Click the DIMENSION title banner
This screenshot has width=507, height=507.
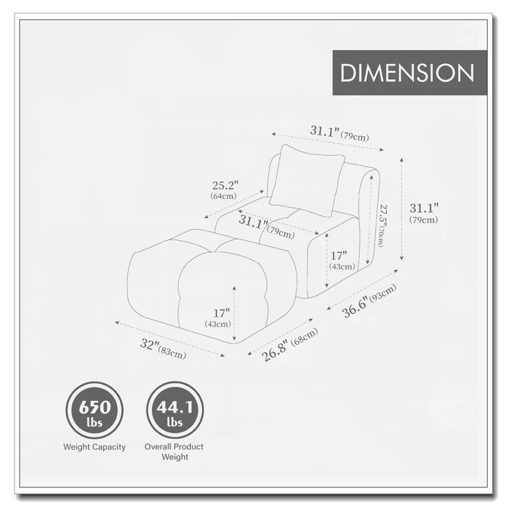[x=409, y=72]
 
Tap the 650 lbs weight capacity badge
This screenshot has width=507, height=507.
[x=94, y=410]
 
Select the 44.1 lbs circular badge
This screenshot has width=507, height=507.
[x=175, y=410]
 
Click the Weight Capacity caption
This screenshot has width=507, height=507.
[x=94, y=447]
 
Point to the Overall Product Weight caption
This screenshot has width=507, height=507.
[x=174, y=452]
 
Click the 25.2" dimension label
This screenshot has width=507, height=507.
[x=226, y=186]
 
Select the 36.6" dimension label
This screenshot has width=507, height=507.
[x=355, y=308]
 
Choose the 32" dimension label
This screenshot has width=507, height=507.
[x=150, y=343]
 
